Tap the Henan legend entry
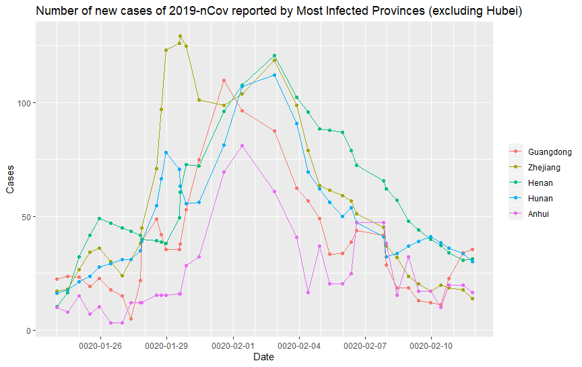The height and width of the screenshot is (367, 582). tap(540, 183)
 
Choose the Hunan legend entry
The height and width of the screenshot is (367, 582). tap(540, 199)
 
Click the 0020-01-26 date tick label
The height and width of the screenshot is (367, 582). tap(100, 345)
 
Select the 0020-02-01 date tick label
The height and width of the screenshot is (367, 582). tap(233, 345)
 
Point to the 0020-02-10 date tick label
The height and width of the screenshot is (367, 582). tap(432, 345)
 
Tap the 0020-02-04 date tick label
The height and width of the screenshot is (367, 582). tap(299, 345)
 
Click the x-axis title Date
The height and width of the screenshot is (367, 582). tap(263, 358)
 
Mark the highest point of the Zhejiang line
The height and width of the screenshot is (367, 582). tap(180, 36)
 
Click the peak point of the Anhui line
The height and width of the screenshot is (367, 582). tap(242, 145)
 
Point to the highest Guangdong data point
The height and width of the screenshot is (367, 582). tap(224, 80)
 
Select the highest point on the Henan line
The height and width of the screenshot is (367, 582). tap(275, 56)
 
